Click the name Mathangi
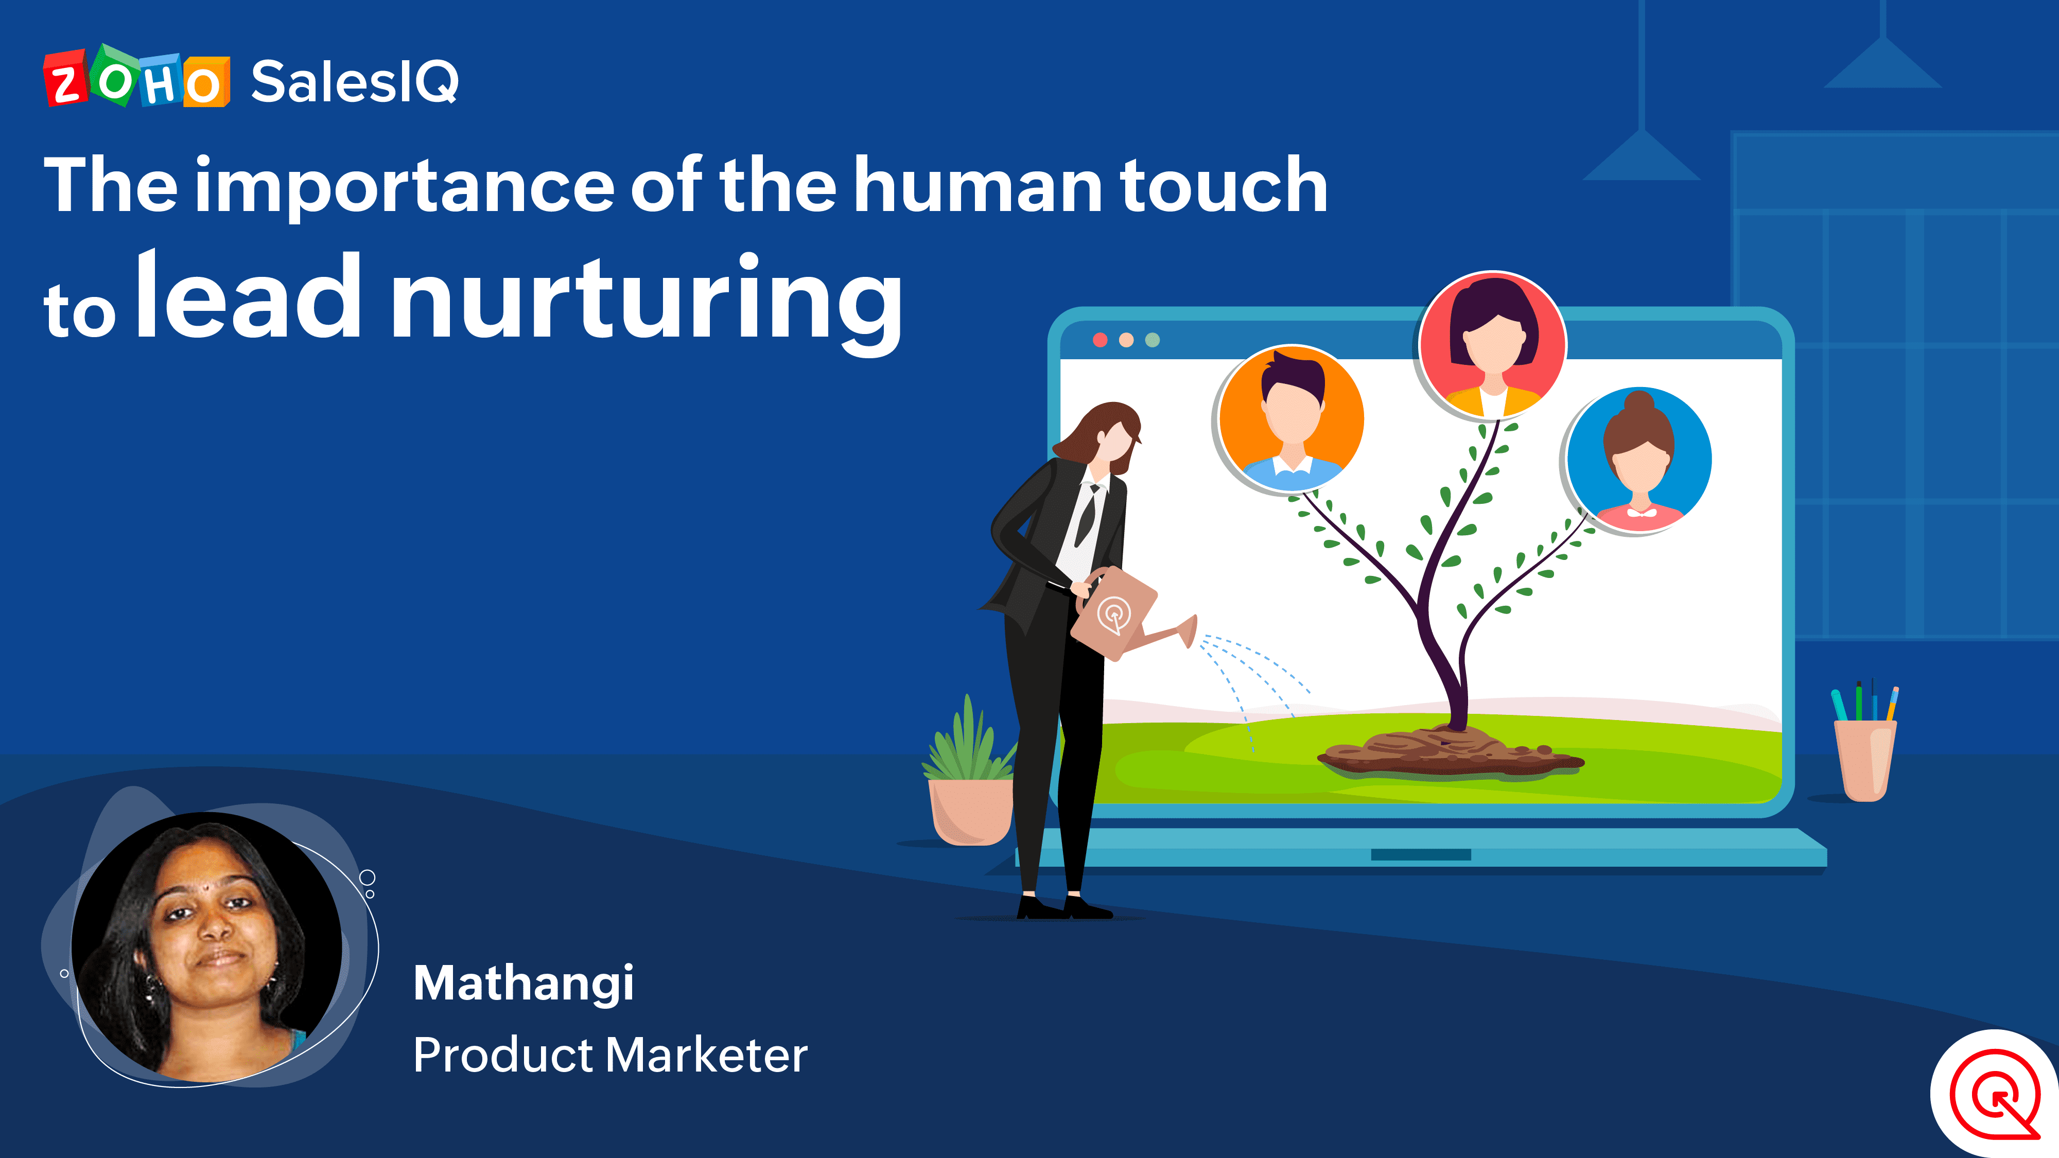(x=524, y=984)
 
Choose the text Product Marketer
(x=610, y=1055)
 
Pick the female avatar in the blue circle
(x=1638, y=460)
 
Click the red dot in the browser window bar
(x=1100, y=340)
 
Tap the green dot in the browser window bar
(x=1152, y=340)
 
